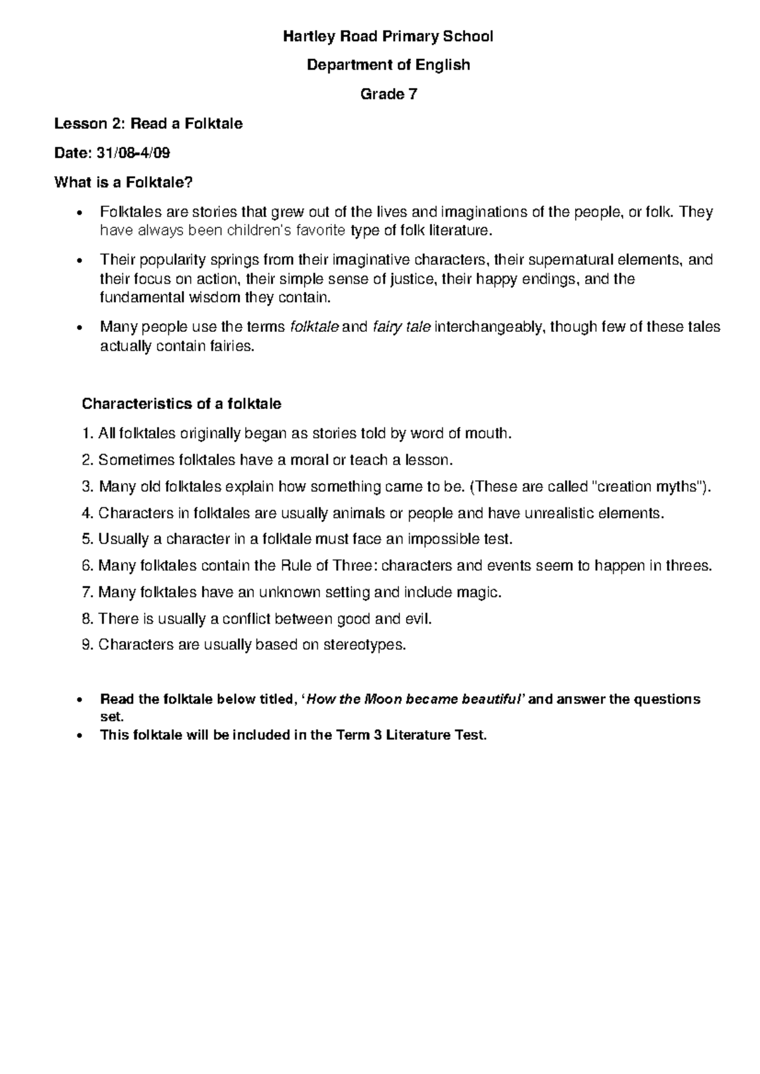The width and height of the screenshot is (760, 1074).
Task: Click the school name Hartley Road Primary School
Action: tap(388, 36)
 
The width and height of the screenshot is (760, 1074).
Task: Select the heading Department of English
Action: tap(388, 65)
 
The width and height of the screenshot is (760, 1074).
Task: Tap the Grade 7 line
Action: tap(388, 94)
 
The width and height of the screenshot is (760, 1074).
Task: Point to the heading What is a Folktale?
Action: tap(123, 183)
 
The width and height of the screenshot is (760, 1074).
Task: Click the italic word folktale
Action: tap(314, 327)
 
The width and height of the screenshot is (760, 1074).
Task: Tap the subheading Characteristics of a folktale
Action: tap(182, 404)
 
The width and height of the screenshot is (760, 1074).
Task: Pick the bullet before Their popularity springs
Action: tap(79, 261)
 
